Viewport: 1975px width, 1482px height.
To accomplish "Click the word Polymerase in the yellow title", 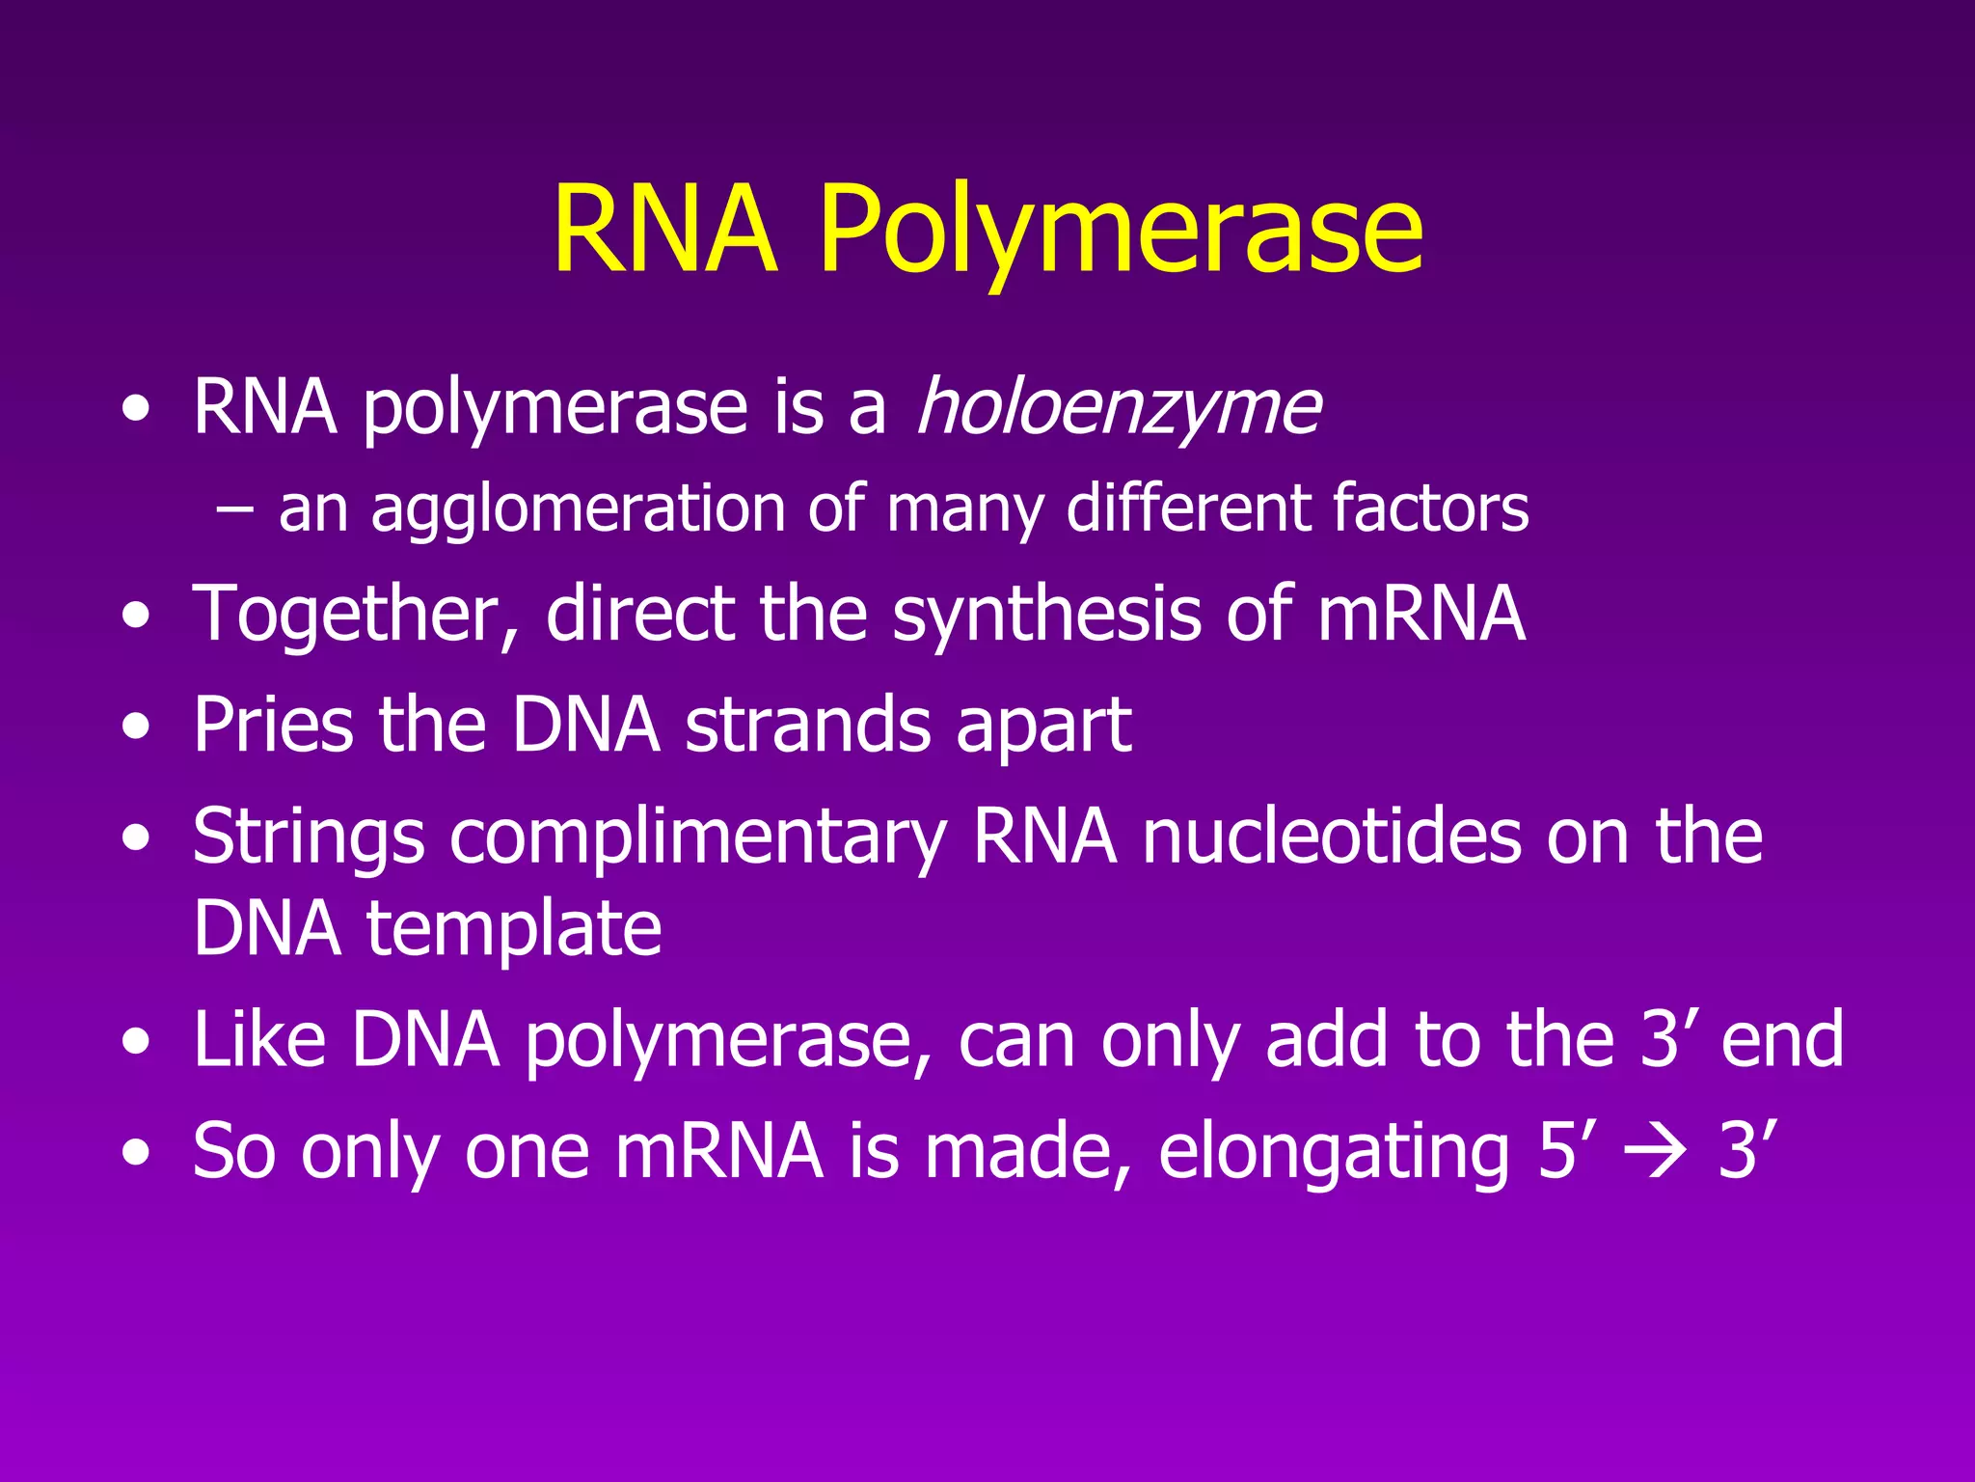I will coord(1121,232).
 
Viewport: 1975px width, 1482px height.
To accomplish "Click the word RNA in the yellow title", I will coord(664,232).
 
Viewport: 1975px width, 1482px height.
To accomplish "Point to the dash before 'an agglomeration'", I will coord(235,509).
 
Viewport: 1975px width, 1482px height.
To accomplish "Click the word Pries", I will coord(273,725).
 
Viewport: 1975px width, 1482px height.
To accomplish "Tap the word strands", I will coord(807,725).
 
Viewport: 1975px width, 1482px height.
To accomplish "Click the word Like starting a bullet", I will coord(259,1039).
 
